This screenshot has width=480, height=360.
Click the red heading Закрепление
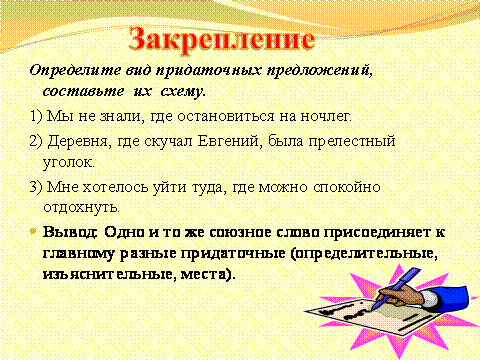[x=222, y=40]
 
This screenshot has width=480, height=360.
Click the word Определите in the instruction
[x=75, y=70]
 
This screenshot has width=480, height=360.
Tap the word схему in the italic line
[x=183, y=91]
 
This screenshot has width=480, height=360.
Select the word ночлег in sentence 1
[x=326, y=116]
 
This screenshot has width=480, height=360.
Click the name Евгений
[x=228, y=141]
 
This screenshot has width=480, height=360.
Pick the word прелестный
[x=352, y=141]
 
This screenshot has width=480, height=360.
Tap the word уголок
[x=69, y=163]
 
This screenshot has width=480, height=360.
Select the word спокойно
[x=347, y=188]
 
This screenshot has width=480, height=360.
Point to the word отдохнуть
[x=81, y=207]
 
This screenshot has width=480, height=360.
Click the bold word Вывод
[x=70, y=232]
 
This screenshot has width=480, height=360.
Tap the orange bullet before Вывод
[x=33, y=231]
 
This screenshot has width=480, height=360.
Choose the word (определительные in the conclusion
[x=364, y=254]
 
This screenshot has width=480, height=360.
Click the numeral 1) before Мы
[x=36, y=117]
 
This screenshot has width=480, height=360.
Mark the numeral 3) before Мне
[x=36, y=187]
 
